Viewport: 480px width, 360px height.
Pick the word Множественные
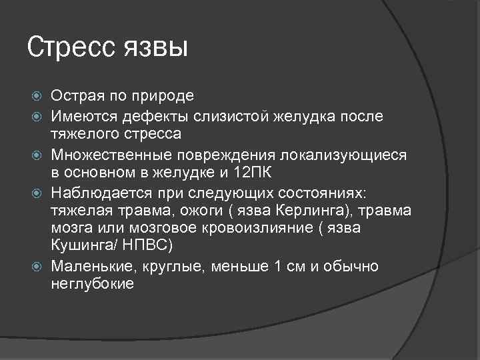(109, 155)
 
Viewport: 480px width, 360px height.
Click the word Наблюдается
(96, 193)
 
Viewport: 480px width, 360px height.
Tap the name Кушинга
(83, 245)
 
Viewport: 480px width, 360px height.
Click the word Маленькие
(89, 267)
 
